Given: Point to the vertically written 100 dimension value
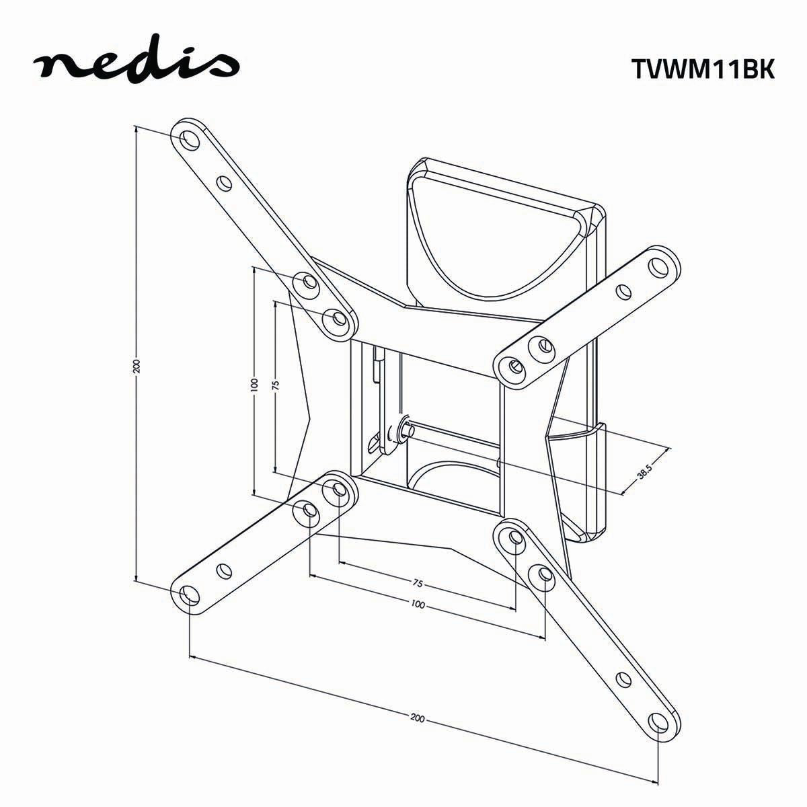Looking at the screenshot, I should pos(254,385).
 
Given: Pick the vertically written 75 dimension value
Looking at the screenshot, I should pos(276,386).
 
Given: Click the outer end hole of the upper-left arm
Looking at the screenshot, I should pos(188,139).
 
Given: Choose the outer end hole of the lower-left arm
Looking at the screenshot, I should pos(190,594).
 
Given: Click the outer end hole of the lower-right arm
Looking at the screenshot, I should pos(658,722).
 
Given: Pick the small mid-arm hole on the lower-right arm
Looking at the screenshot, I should pos(623,679).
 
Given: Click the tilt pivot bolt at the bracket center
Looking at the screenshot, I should pos(407,428).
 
